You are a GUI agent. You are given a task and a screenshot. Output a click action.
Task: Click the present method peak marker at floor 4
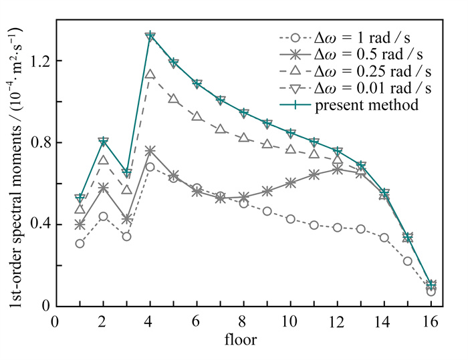pyautogui.click(x=150, y=36)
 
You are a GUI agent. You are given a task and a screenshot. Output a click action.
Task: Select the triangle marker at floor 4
pyautogui.click(x=150, y=75)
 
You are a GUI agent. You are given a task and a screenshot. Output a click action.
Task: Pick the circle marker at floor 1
pyautogui.click(x=80, y=243)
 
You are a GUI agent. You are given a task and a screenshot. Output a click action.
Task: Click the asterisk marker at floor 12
pyautogui.click(x=338, y=170)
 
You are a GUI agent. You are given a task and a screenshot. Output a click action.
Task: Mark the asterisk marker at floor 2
pyautogui.click(x=103, y=188)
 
